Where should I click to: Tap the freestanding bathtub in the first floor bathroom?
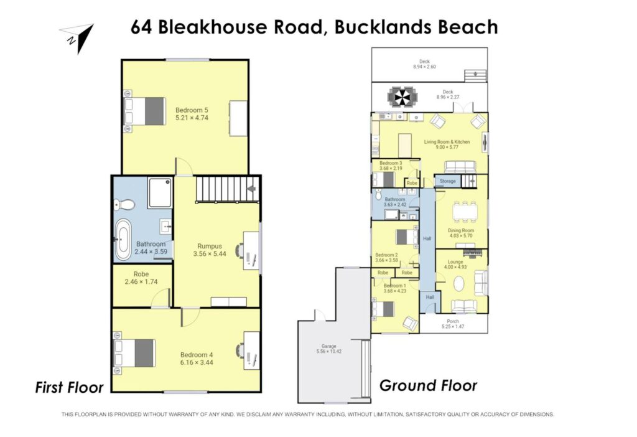pos(123,240)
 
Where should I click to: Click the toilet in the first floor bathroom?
pos(124,204)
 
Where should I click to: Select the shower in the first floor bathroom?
pos(160,192)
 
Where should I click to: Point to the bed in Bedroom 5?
pos(144,111)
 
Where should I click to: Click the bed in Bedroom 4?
pos(134,353)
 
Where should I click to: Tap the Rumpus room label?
pos(210,246)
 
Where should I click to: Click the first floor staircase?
pos(228,189)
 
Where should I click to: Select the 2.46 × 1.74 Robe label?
pos(141,278)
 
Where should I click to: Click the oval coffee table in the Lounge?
pos(458,284)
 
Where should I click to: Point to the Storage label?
pos(448,181)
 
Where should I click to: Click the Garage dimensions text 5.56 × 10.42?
pos(329,351)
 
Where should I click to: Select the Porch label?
pos(453,321)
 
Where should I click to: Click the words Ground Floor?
pos(428,385)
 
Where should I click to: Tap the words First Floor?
pos(70,387)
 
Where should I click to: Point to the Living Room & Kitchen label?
pos(447,142)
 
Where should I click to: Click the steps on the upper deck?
pos(476,75)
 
